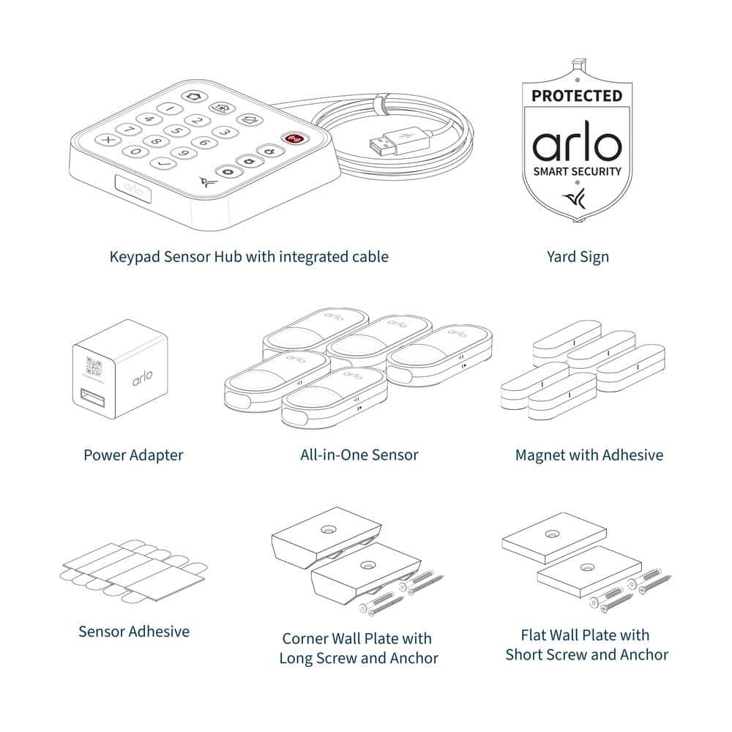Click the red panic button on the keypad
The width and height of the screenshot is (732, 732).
(294, 138)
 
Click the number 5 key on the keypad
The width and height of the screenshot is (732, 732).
(177, 130)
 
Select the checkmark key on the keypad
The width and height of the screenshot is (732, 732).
(163, 163)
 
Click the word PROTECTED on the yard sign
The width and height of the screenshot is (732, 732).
(577, 96)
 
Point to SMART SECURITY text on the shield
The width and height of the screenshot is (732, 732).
(578, 171)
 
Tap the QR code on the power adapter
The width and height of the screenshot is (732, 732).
(94, 367)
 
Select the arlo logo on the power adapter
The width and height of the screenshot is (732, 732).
(142, 378)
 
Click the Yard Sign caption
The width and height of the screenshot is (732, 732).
(578, 257)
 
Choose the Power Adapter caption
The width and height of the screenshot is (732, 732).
(133, 455)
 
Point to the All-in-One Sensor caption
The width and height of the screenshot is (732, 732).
(359, 455)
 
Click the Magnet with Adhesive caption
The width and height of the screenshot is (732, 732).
(589, 455)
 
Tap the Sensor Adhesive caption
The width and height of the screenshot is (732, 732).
(134, 632)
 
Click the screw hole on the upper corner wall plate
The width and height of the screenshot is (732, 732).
(328, 529)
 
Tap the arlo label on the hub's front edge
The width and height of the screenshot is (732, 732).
(133, 188)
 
